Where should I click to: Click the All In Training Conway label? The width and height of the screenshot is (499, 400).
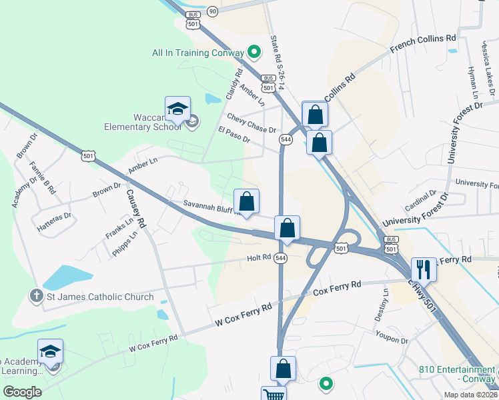coord(198,52)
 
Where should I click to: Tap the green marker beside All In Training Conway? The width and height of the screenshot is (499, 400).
coord(254,51)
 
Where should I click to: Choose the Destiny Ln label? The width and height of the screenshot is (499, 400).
coord(385,299)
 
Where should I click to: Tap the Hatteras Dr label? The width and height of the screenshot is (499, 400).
coord(54,221)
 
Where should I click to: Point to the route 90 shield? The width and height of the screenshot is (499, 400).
coord(212,11)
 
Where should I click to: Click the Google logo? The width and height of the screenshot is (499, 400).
coord(23,392)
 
